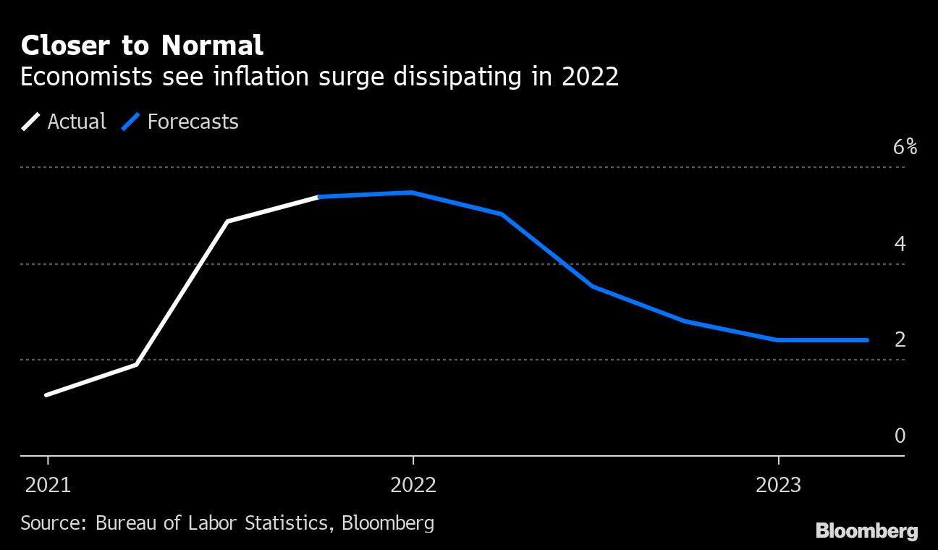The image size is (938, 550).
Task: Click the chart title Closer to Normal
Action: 142,46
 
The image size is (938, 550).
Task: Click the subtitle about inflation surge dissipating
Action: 319,77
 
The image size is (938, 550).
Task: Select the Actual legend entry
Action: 76,121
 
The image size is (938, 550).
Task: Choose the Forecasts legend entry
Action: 193,121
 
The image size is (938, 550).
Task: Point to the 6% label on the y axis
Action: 905,148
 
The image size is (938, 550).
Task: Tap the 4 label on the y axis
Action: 900,244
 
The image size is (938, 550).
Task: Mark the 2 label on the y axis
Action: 900,339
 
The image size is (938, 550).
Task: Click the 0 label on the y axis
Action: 900,436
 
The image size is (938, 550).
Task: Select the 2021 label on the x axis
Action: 48,485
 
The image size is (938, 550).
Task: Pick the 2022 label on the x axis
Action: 413,485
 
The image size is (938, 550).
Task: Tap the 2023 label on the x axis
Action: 778,485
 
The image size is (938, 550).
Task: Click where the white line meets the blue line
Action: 319,197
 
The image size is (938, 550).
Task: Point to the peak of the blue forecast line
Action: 411,192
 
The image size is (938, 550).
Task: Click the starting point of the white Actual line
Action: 46,395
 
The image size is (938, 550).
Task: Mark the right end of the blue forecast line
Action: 867,339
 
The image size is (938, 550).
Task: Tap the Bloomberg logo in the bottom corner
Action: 866,531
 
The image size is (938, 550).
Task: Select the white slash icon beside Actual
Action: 31,121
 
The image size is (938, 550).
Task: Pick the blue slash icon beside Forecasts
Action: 131,121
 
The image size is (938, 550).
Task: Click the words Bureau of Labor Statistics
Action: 212,522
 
